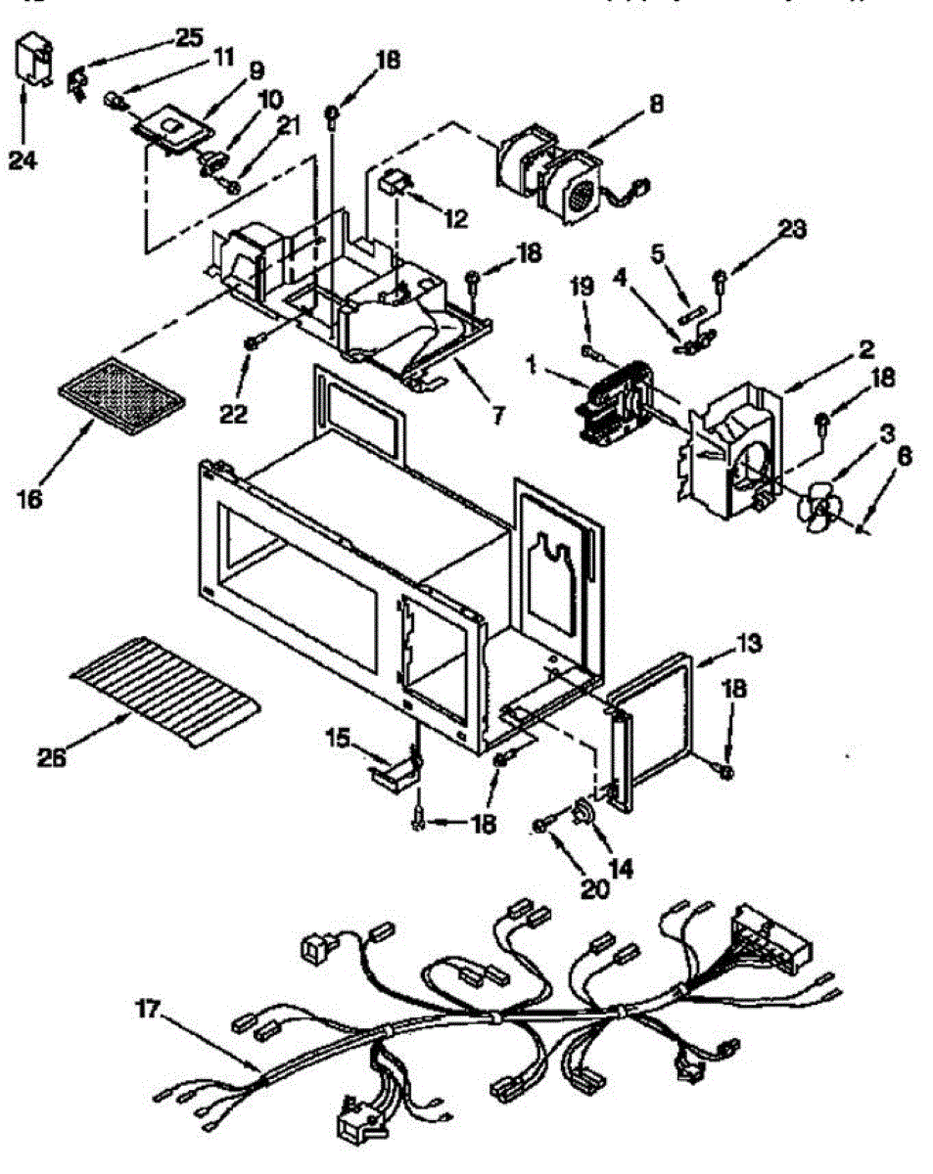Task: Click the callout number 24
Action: [23, 159]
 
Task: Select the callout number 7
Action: [496, 415]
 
